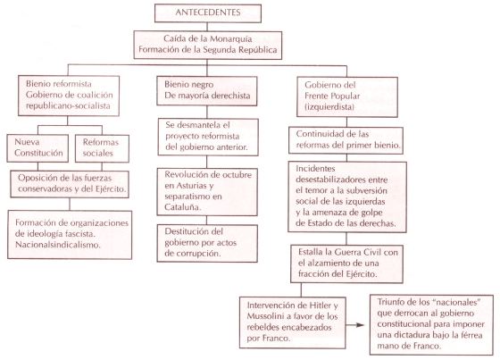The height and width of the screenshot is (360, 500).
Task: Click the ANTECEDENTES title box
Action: pyautogui.click(x=208, y=13)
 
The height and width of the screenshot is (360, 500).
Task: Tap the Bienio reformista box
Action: pyautogui.click(x=69, y=96)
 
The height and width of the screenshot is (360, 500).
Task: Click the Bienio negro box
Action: pyautogui.click(x=207, y=90)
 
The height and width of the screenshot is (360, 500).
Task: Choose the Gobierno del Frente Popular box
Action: pyautogui.click(x=347, y=97)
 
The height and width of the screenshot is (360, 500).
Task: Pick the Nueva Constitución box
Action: pyautogui.click(x=37, y=148)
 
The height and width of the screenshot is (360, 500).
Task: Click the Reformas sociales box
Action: pyautogui.click(x=102, y=148)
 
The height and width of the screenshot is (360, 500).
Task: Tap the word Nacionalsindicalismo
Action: pyautogui.click(x=58, y=245)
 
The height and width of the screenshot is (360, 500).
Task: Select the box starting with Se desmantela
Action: pyautogui.click(x=208, y=137)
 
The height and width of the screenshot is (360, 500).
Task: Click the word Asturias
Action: pyautogui.click(x=195, y=186)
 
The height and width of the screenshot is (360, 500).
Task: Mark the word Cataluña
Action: pyautogui.click(x=183, y=207)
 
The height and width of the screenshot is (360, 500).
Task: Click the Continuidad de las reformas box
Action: pyautogui.click(x=346, y=140)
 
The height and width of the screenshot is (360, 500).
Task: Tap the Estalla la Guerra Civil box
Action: pyautogui.click(x=346, y=264)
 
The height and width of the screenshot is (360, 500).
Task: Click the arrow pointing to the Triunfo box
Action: pyautogui.click(x=355, y=325)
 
